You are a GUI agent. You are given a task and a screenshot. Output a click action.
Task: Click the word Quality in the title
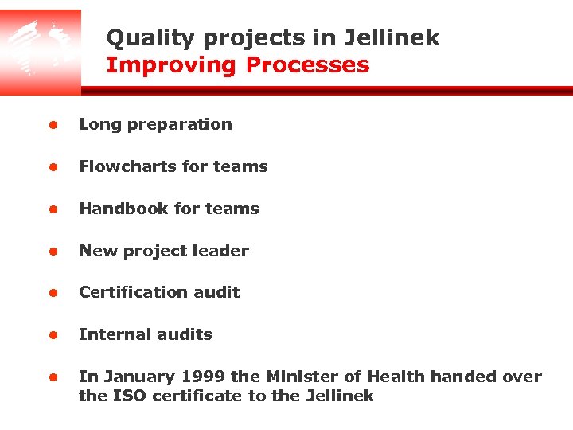[x=138, y=38]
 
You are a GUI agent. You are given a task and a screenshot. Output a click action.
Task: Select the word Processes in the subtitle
[x=307, y=65]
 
